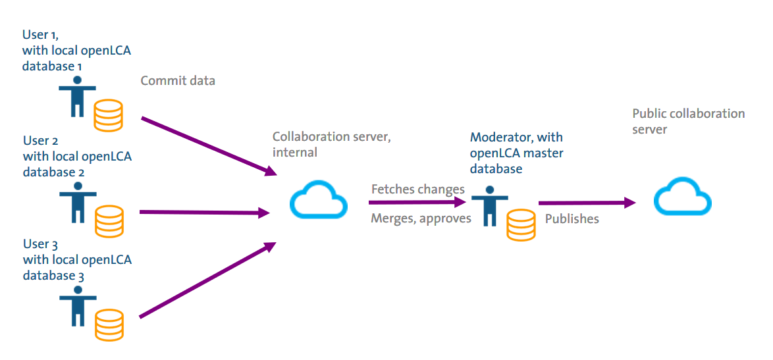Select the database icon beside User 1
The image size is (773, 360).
108,115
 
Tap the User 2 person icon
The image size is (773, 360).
78,203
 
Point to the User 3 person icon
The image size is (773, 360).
78,307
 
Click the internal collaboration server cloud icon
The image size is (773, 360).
319,200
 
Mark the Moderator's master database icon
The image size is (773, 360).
521,224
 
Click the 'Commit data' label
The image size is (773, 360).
178,81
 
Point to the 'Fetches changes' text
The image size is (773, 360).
417,190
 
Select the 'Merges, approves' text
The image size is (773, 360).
421,219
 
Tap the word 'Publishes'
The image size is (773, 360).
572,219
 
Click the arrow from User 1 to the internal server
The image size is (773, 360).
208,145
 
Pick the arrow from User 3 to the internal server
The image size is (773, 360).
208,280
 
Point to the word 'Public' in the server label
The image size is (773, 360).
650,113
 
